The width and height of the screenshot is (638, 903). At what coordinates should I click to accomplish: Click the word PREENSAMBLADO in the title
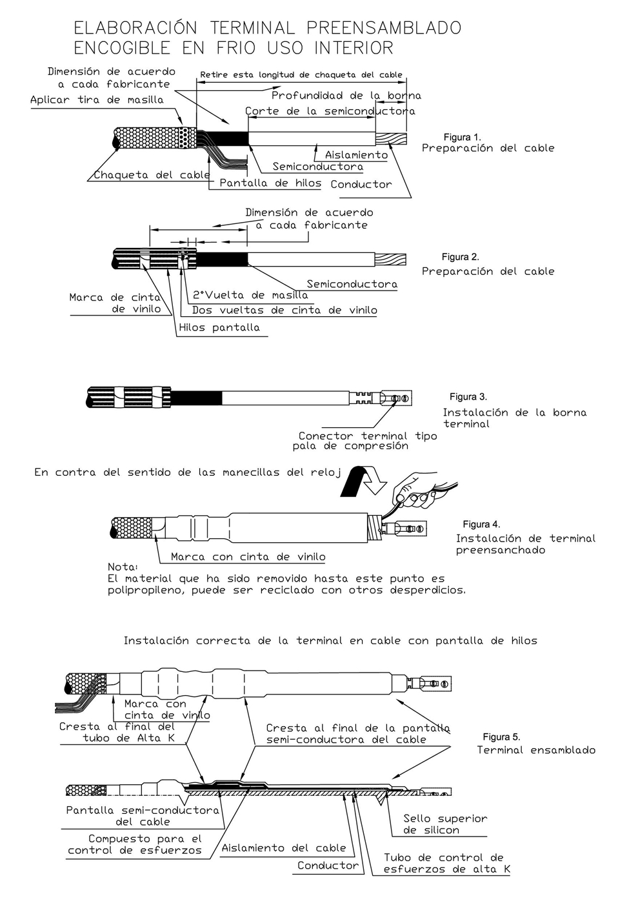coord(384,28)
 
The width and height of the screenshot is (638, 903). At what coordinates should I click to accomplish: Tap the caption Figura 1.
coord(462,137)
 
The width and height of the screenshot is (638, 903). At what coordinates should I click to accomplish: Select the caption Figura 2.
coord(460,257)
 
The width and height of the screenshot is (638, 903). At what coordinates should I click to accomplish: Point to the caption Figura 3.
coord(468,396)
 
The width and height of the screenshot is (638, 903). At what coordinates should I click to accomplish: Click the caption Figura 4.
coord(481,524)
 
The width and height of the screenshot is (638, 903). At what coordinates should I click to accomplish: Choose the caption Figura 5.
coord(501,736)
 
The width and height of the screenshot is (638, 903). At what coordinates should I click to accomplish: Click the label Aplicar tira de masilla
coord(97,100)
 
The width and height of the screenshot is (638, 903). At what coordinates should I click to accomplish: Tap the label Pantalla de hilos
coord(270,183)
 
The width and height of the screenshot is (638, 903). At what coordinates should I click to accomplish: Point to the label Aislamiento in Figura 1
coord(356,155)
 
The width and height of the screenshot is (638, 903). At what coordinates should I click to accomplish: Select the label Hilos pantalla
coord(219,327)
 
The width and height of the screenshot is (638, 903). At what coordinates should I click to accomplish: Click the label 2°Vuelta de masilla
coord(250,296)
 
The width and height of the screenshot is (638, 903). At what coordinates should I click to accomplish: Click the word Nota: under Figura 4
coord(123,567)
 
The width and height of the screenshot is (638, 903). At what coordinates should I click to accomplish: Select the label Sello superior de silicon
coord(445,824)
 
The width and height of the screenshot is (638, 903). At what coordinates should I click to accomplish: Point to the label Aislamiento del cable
coord(283,848)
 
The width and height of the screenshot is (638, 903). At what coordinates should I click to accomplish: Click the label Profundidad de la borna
coord(346,96)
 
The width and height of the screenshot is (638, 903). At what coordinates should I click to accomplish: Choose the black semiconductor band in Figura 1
coord(229,139)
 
